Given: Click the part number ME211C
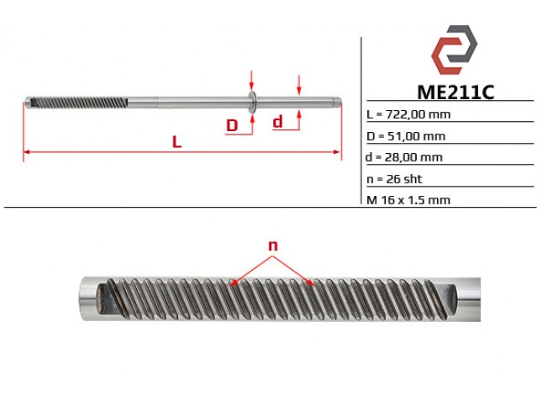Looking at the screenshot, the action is [x=455, y=92].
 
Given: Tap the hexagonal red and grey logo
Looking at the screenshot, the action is [x=454, y=50].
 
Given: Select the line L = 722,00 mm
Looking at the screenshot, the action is [x=408, y=114].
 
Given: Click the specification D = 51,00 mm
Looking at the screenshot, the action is [x=406, y=136].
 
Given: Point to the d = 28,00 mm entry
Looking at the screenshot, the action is [x=404, y=157].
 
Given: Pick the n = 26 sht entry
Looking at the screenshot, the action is [x=394, y=179].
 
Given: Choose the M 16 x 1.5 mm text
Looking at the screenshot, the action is [x=408, y=200].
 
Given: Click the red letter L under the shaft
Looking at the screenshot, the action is [x=176, y=142].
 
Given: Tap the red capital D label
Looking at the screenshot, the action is [x=232, y=125].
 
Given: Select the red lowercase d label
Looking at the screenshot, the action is [x=277, y=122].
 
